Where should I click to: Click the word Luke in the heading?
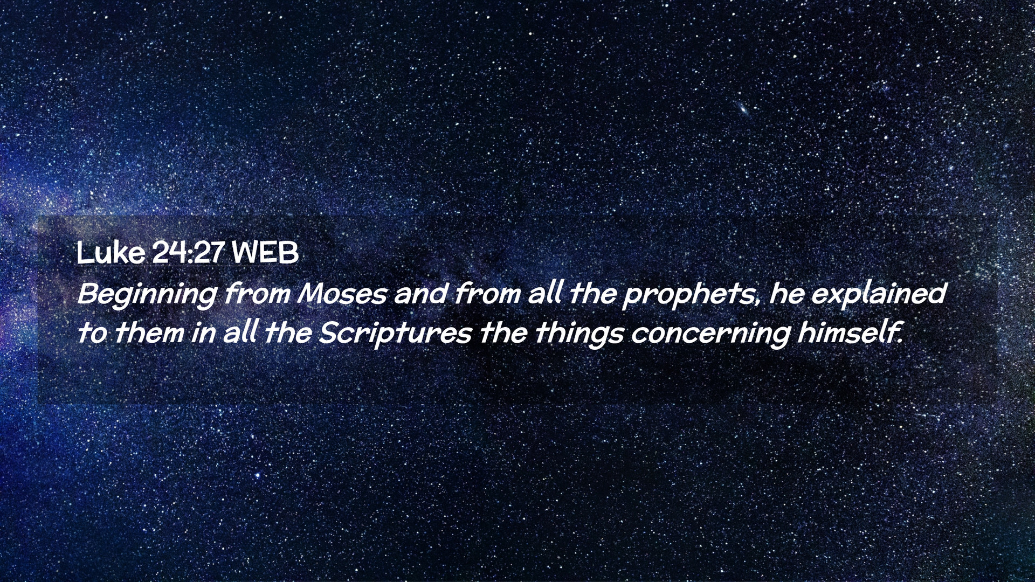[111, 252]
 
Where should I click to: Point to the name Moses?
[342, 294]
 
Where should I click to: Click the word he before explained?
[786, 294]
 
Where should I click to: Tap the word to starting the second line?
[92, 334]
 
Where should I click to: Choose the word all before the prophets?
[544, 294]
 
